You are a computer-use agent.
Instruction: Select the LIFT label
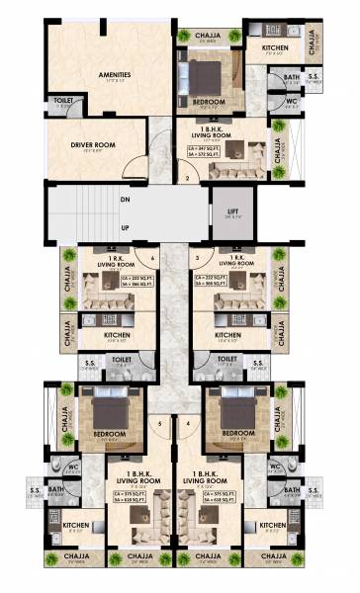tap(233, 210)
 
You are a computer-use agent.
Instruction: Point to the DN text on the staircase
tap(124, 198)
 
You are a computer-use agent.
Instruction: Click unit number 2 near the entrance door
tap(186, 178)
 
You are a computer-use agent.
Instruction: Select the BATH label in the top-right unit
tap(292, 76)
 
